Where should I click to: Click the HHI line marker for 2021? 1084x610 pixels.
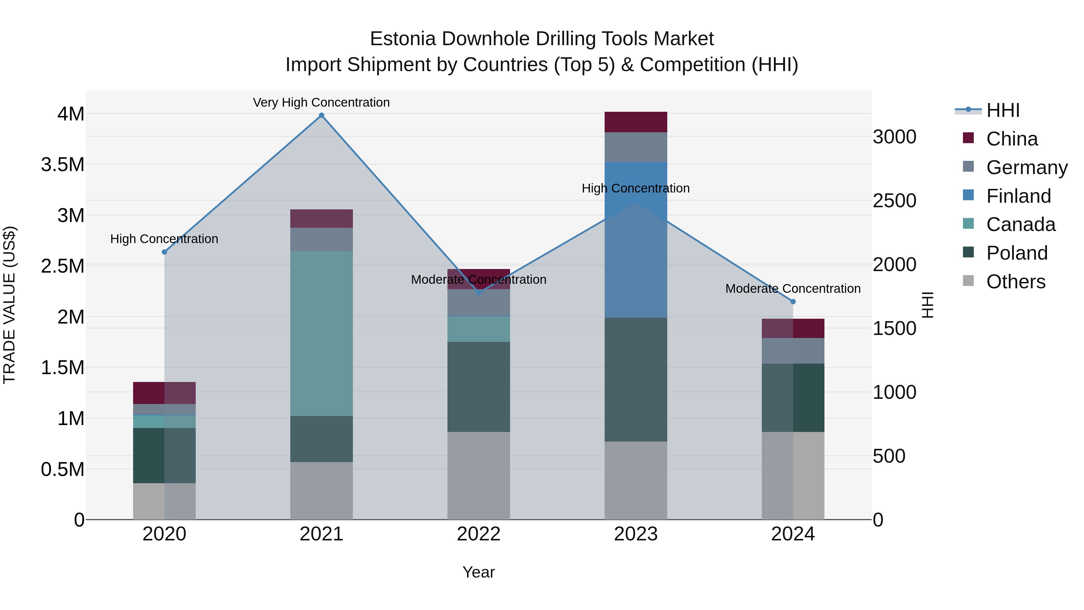click(x=322, y=115)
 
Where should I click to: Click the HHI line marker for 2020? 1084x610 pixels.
click(x=164, y=252)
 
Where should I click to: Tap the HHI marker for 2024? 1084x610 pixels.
click(x=793, y=302)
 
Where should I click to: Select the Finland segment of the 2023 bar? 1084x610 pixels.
click(x=636, y=240)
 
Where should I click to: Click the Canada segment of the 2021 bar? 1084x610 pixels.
click(x=322, y=333)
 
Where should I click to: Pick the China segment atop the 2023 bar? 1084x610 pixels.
click(x=636, y=122)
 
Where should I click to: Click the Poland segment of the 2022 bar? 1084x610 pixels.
click(x=478, y=386)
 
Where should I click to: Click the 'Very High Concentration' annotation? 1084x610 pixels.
click(x=322, y=102)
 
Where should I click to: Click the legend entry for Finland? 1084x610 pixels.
click(x=1018, y=196)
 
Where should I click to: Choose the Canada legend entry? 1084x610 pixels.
click(x=1020, y=224)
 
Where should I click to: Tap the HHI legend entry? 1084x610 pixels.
click(x=1002, y=110)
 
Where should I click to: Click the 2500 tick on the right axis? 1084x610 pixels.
click(x=894, y=201)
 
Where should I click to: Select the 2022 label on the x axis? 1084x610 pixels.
click(x=478, y=534)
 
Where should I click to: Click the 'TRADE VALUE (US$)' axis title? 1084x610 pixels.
click(x=9, y=305)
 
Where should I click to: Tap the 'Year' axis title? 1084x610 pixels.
click(x=478, y=572)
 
